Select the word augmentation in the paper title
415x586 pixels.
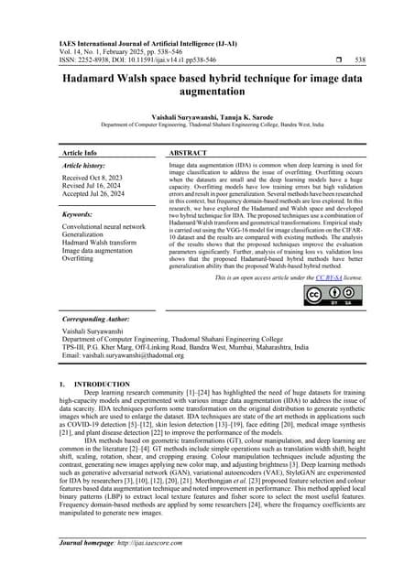(x=207, y=92)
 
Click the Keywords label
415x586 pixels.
(x=76, y=214)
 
